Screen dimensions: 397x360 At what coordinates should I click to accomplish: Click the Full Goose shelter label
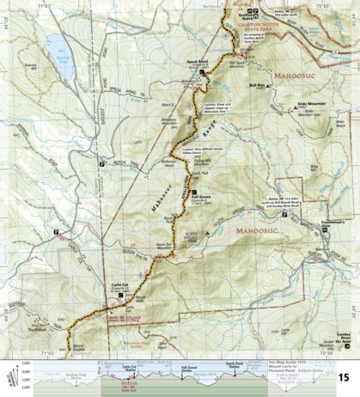tap(196, 198)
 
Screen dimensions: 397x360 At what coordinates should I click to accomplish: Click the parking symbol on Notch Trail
tap(101, 162)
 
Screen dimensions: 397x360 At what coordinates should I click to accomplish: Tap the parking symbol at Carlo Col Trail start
tap(57, 233)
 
